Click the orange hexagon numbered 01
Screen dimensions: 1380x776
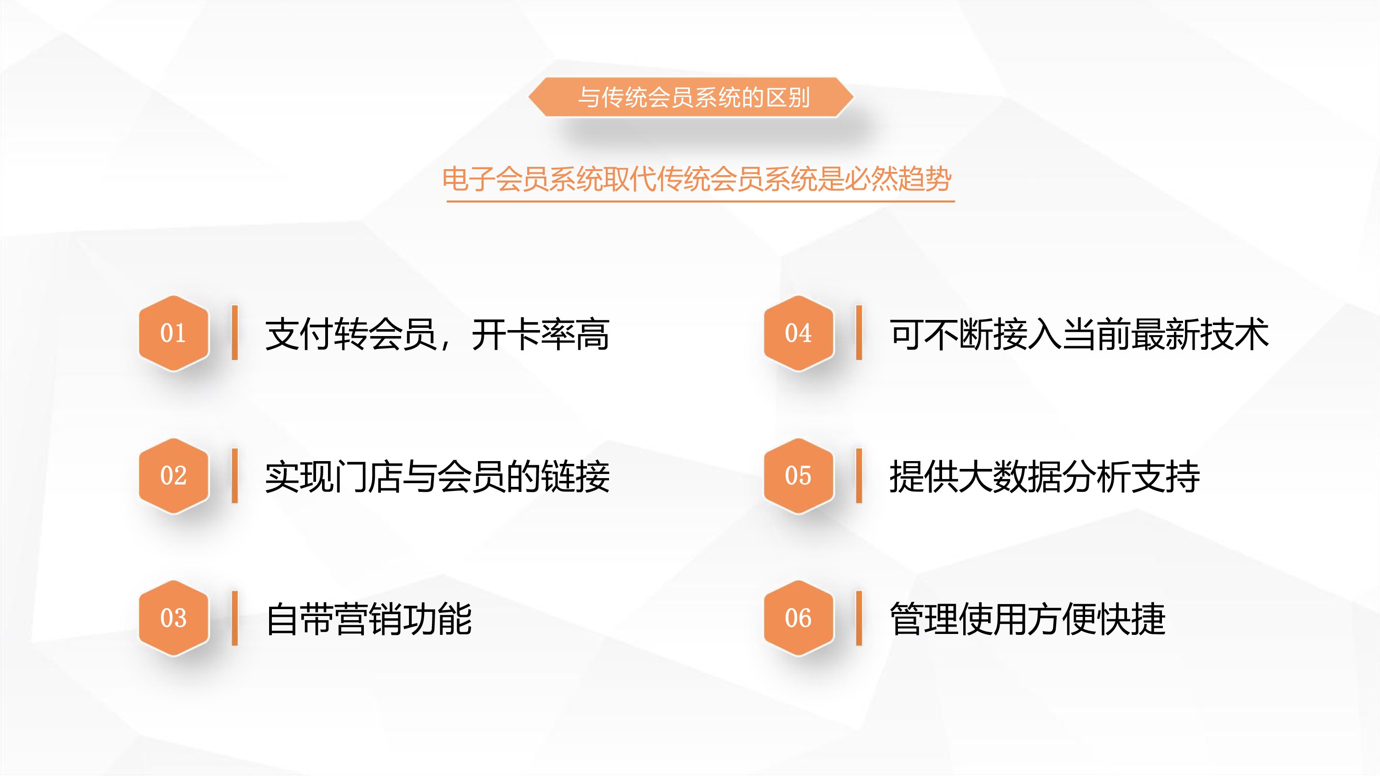[173, 333]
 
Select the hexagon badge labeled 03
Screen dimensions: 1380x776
[173, 618]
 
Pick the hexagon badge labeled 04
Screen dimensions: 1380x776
[799, 333]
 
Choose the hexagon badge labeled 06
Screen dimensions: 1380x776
[799, 618]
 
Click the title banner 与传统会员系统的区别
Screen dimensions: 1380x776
[690, 97]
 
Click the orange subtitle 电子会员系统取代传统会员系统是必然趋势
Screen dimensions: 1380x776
[697, 179]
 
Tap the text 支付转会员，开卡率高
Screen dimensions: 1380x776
[437, 334]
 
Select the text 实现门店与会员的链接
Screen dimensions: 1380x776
[437, 477]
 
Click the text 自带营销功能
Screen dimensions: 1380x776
[368, 619]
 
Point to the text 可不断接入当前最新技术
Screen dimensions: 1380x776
[1079, 334]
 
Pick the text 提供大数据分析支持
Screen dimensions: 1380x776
[1045, 477]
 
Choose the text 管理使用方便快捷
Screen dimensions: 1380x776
[1028, 619]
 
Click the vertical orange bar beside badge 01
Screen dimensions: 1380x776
[235, 332]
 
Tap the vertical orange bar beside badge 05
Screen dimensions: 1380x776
[859, 475]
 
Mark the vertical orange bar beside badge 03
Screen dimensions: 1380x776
[235, 618]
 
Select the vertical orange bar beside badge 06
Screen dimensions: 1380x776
[859, 618]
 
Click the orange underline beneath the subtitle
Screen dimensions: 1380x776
[701, 201]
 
